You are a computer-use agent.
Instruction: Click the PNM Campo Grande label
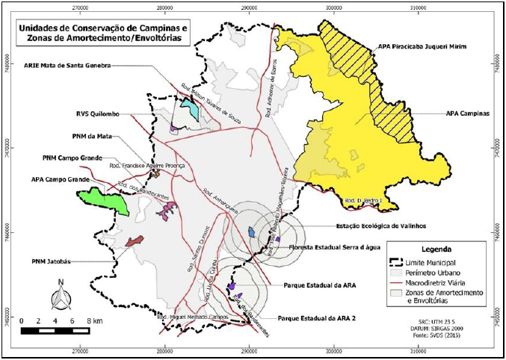tap(72, 158)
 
